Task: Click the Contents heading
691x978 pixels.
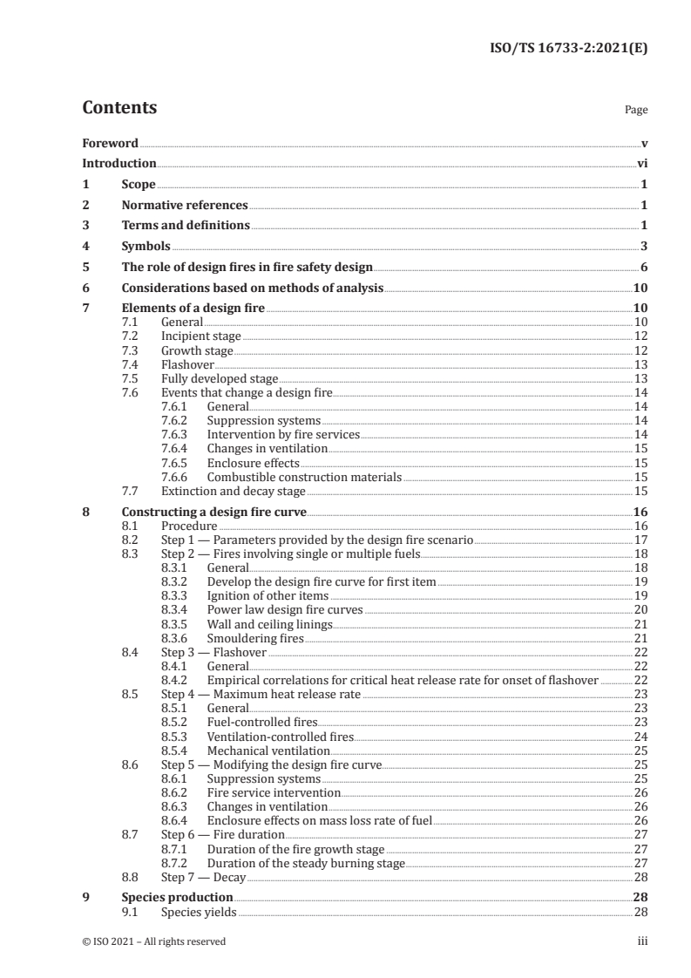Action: click(119, 108)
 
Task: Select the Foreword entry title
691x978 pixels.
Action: click(110, 143)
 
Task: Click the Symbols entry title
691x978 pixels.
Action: click(146, 247)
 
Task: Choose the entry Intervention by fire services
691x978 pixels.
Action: click(283, 433)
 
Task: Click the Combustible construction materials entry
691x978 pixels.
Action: click(304, 477)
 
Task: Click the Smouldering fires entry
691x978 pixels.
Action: click(255, 638)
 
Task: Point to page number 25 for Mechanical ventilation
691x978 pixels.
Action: click(640, 750)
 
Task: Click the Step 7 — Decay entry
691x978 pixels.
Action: click(205, 877)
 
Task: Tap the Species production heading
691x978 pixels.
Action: click(177, 897)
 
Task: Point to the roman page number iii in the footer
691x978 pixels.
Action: click(641, 941)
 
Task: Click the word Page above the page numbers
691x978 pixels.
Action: click(636, 111)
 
